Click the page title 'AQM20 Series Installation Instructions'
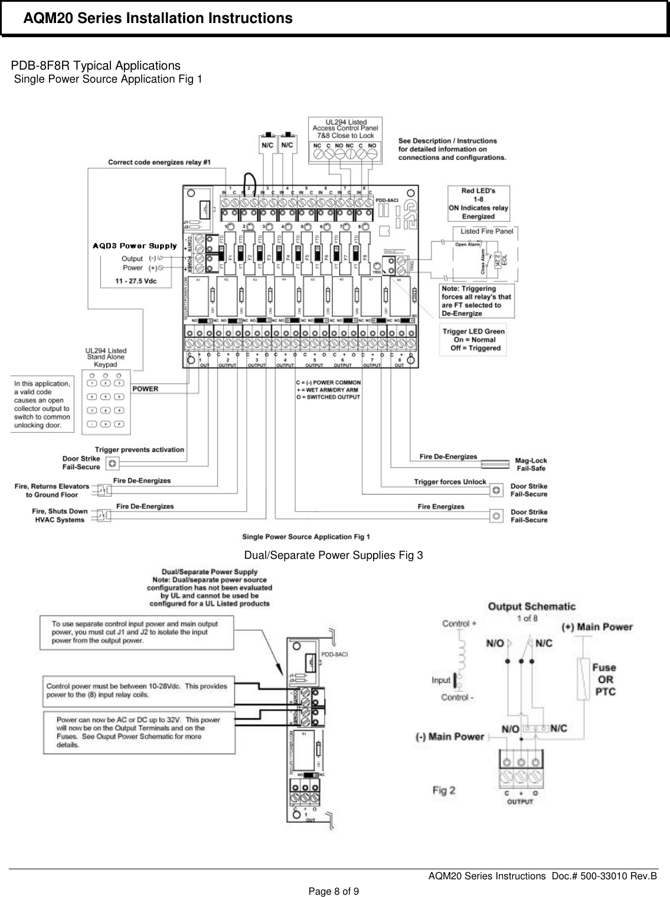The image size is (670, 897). [158, 19]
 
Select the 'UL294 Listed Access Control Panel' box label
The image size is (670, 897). [345, 129]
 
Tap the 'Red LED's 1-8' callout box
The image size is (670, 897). [479, 203]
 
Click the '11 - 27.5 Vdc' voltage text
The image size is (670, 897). [136, 281]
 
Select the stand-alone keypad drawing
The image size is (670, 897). [107, 402]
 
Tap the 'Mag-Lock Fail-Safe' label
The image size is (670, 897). [531, 464]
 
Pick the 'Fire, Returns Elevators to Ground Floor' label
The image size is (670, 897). [52, 490]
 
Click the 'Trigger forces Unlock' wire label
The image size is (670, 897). [450, 482]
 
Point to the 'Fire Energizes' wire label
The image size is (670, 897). [441, 506]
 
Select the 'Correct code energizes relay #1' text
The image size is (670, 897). [159, 162]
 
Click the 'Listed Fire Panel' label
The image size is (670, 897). [486, 231]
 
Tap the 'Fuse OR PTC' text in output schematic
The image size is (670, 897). [603, 679]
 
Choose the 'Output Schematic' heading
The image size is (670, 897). [531, 607]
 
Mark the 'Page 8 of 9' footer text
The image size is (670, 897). [335, 891]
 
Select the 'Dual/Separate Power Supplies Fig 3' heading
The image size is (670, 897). [334, 555]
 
